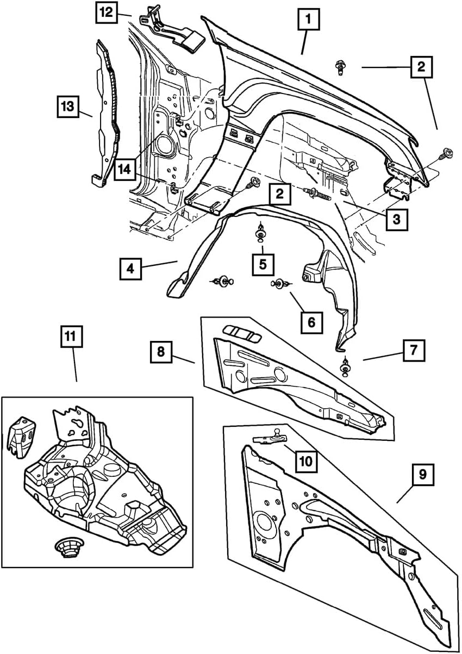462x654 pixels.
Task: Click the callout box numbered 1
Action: (308, 21)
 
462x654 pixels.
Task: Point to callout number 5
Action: (263, 264)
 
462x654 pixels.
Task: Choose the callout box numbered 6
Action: (311, 322)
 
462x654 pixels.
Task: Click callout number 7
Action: (414, 351)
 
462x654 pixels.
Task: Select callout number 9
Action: (423, 475)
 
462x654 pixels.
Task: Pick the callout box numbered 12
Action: (106, 12)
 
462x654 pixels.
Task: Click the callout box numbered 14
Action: (125, 170)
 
